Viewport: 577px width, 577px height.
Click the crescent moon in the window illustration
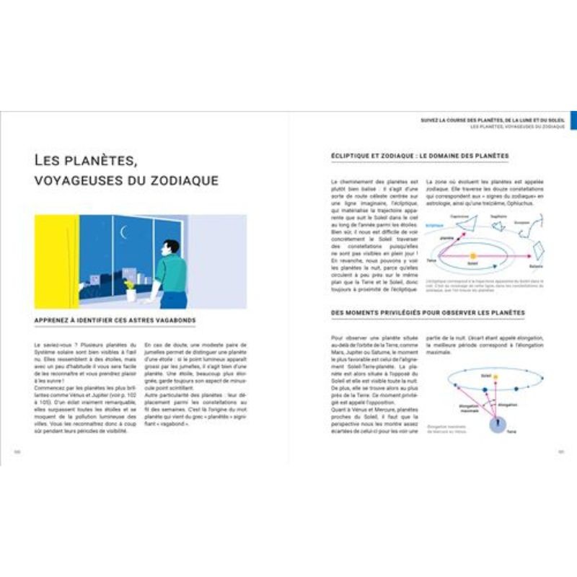pos(123,232)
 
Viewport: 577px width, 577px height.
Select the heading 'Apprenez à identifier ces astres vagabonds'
pos(115,320)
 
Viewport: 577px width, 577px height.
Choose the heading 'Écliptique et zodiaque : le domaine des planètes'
pos(420,155)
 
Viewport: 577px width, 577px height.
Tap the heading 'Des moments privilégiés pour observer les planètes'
pos(428,313)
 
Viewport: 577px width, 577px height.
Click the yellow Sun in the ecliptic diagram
pos(473,255)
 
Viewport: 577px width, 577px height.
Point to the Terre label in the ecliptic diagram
pos(431,260)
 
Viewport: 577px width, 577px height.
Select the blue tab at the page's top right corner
pos(573,120)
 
